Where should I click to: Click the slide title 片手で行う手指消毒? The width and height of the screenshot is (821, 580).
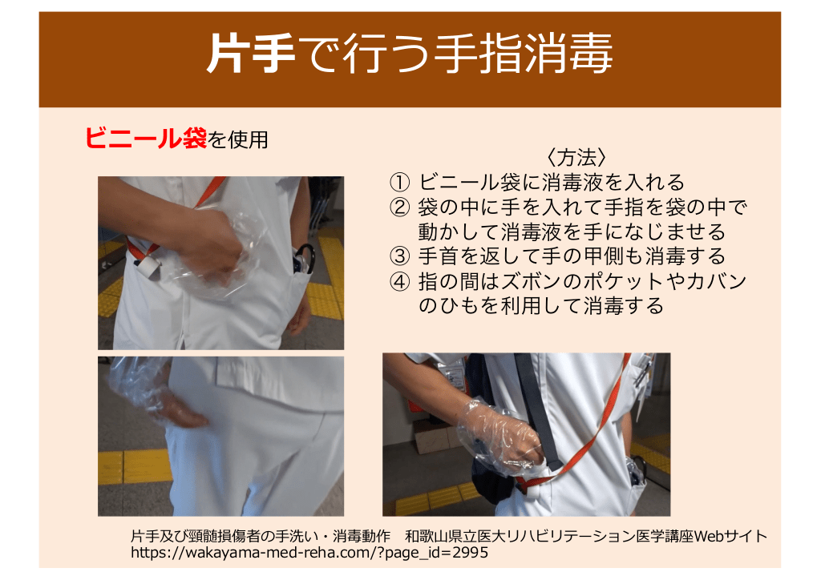(x=410, y=54)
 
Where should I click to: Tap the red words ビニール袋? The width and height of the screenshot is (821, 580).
(x=146, y=139)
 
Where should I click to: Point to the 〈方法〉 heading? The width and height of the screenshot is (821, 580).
(x=577, y=158)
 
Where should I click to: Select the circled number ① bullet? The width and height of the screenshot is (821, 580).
(x=399, y=183)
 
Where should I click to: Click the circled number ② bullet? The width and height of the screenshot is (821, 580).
(x=399, y=207)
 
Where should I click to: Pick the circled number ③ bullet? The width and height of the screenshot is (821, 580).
(x=399, y=256)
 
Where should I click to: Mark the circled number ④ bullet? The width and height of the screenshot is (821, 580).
(x=399, y=282)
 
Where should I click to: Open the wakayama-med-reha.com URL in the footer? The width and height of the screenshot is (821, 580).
(x=309, y=553)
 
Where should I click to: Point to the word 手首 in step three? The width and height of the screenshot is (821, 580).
(x=439, y=256)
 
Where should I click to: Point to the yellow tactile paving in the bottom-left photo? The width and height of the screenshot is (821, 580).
(x=135, y=466)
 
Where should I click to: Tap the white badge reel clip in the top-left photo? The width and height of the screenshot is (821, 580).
(x=148, y=266)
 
